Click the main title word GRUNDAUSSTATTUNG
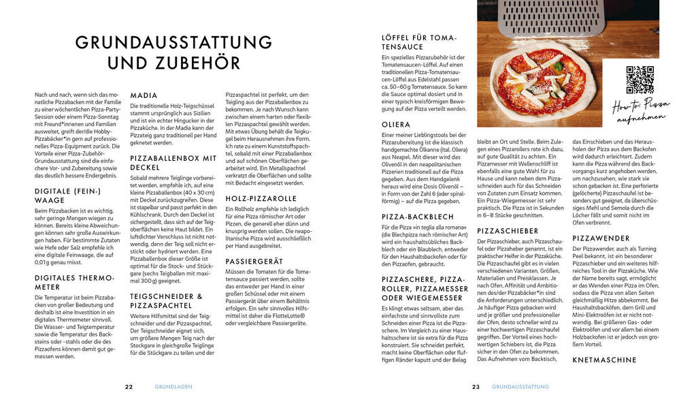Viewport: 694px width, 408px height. coord(173,42)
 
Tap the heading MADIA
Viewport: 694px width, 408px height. coord(144,95)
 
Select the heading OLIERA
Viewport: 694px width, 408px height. coord(396,125)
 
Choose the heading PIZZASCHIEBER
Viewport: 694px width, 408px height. coord(508,231)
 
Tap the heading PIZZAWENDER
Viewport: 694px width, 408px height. coord(600,238)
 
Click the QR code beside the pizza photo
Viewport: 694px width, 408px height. coord(640,80)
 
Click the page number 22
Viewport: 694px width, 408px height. coord(129,386)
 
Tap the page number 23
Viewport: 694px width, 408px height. coord(476,386)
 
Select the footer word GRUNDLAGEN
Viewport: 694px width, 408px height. coord(173,386)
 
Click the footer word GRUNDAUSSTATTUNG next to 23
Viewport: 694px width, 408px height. coord(520,386)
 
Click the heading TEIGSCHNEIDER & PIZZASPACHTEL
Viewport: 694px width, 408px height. coord(166,301)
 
